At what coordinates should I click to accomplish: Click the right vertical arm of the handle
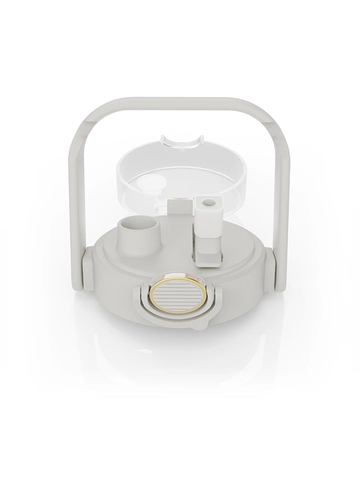tap(282, 192)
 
